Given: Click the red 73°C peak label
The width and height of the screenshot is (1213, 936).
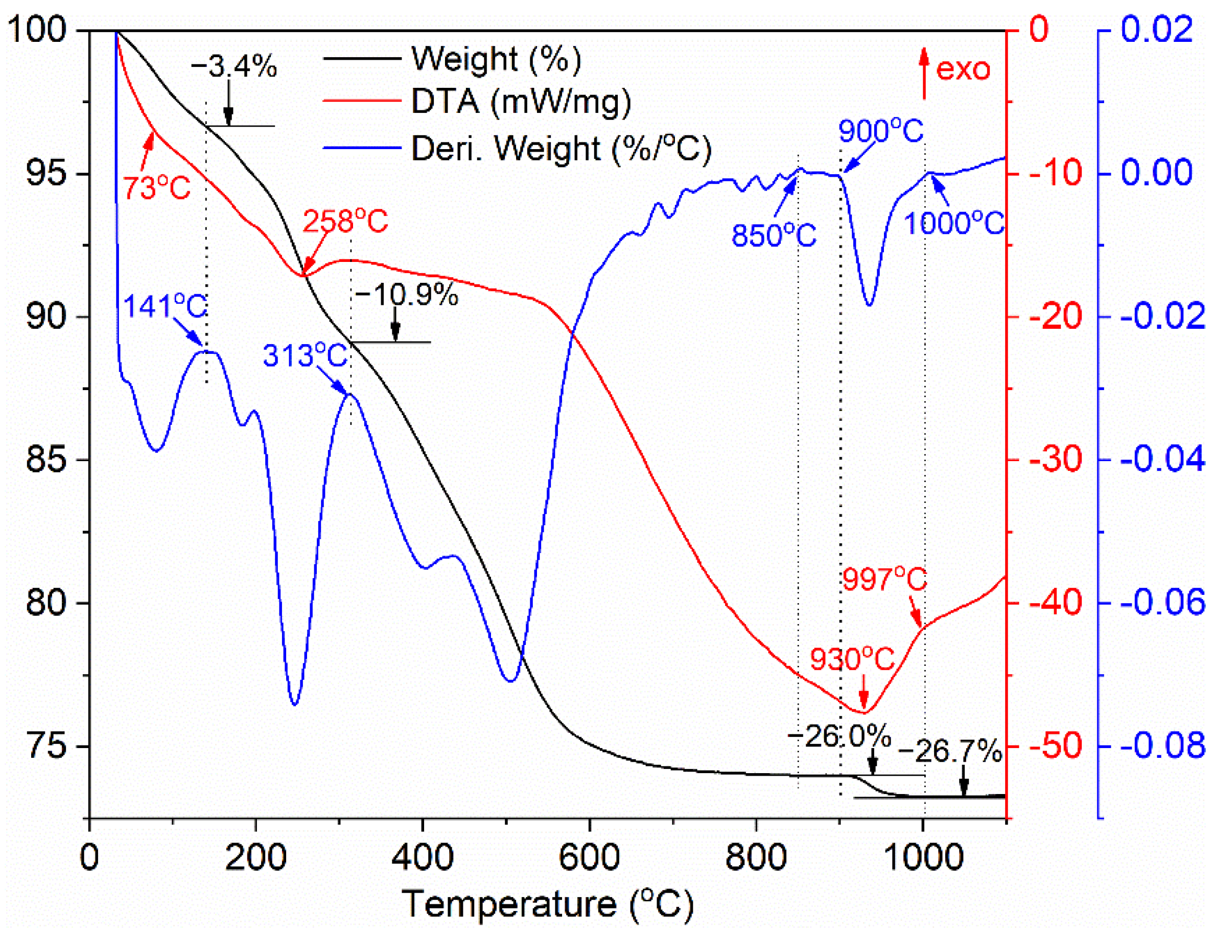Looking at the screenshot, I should click(x=157, y=187).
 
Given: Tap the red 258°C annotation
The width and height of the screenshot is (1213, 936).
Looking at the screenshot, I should click(x=345, y=222).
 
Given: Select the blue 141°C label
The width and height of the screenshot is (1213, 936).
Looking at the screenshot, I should click(x=165, y=306).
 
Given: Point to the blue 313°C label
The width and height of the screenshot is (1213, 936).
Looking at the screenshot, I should click(x=305, y=355).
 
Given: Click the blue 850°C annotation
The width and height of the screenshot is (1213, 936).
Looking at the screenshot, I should click(x=774, y=235).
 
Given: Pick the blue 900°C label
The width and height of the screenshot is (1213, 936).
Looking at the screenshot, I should click(x=881, y=132).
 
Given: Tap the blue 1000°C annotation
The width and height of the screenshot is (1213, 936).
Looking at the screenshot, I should click(x=954, y=224).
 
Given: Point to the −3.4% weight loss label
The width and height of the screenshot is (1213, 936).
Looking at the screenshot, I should click(x=234, y=67).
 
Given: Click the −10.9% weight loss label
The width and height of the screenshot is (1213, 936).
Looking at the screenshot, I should click(x=406, y=294).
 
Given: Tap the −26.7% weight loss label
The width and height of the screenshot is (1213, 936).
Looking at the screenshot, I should click(x=950, y=752).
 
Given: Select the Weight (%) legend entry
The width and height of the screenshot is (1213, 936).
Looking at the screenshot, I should click(x=496, y=58).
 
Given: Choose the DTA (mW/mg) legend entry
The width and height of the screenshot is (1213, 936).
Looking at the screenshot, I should click(x=521, y=102).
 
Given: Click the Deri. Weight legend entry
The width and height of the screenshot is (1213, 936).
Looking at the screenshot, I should click(x=561, y=148).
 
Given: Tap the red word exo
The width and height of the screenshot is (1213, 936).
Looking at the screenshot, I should click(x=963, y=69).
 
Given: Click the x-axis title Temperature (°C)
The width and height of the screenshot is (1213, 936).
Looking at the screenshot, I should click(x=547, y=904).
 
